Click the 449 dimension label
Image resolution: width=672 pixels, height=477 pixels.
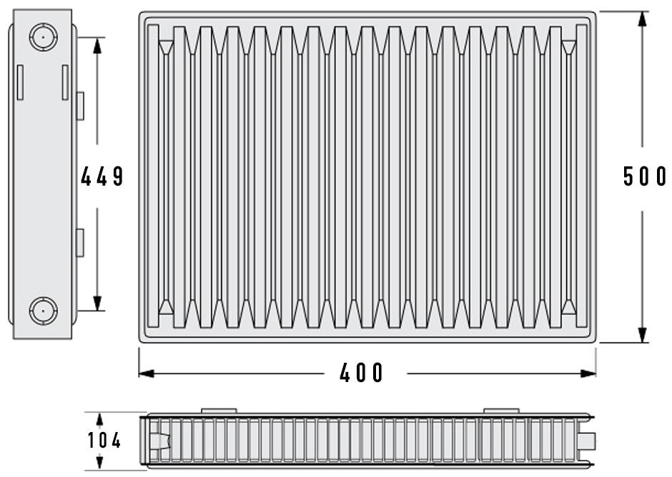pyautogui.click(x=102, y=176)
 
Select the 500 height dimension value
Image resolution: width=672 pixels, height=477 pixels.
pyautogui.click(x=645, y=176)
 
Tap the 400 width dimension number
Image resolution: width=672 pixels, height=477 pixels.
pyautogui.click(x=361, y=373)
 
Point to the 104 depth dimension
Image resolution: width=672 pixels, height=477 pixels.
pyautogui.click(x=104, y=441)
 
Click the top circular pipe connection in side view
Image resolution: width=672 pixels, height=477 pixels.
pyautogui.click(x=44, y=37)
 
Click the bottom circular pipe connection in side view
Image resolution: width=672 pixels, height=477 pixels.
pyautogui.click(x=44, y=311)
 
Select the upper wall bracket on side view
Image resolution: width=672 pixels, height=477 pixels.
pyautogui.click(x=80, y=106)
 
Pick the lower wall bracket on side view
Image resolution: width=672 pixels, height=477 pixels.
pyautogui.click(x=80, y=243)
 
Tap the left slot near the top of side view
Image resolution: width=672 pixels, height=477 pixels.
pyautogui.click(x=20, y=83)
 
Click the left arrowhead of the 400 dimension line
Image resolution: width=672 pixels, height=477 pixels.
pyautogui.click(x=146, y=373)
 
